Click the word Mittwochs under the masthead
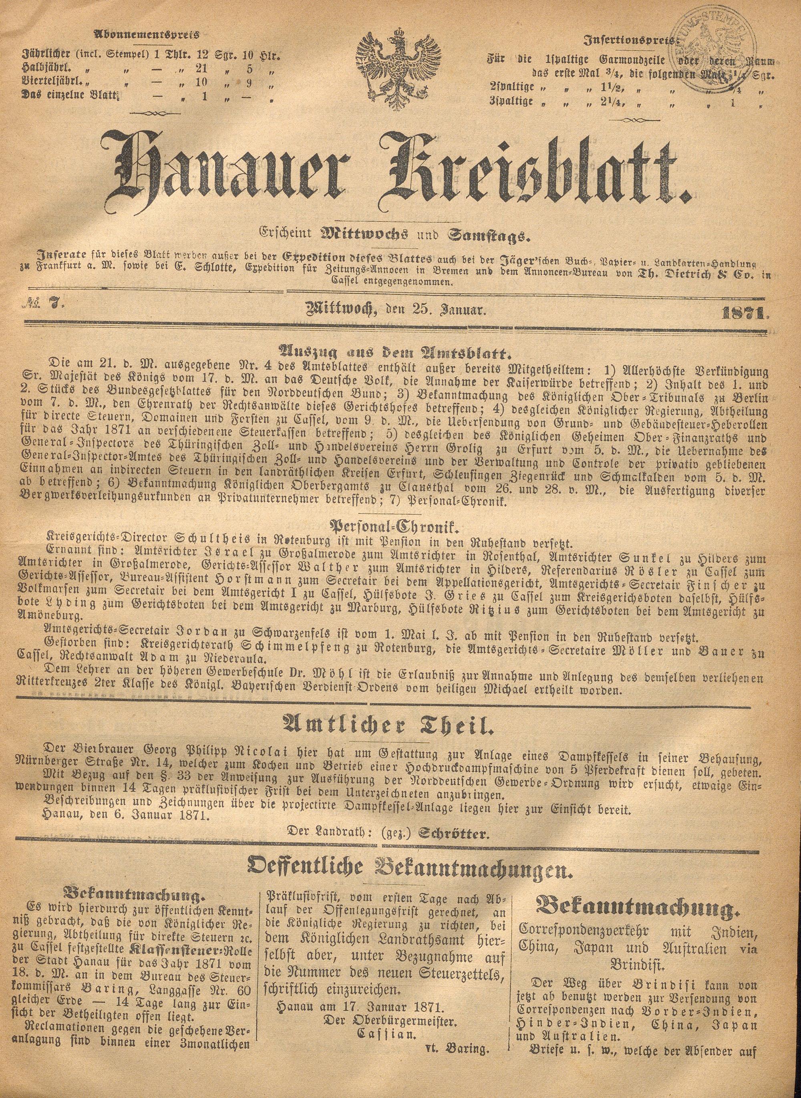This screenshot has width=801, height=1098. [x=359, y=237]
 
